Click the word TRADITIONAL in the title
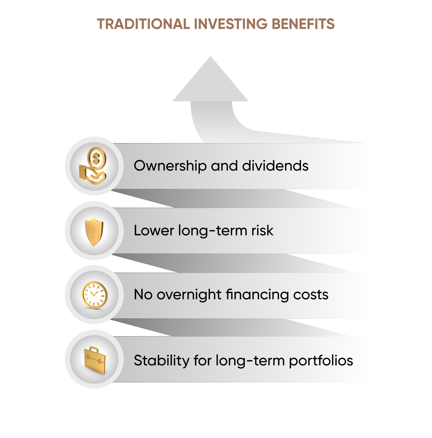point(143,24)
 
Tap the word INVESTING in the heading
point(231,24)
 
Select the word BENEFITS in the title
point(303,24)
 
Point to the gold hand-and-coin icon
point(93,166)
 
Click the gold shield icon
point(94,232)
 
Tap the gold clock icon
point(94,295)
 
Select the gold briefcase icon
point(95,360)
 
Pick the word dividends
point(275,166)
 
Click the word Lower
point(154,231)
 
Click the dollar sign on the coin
point(96,158)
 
